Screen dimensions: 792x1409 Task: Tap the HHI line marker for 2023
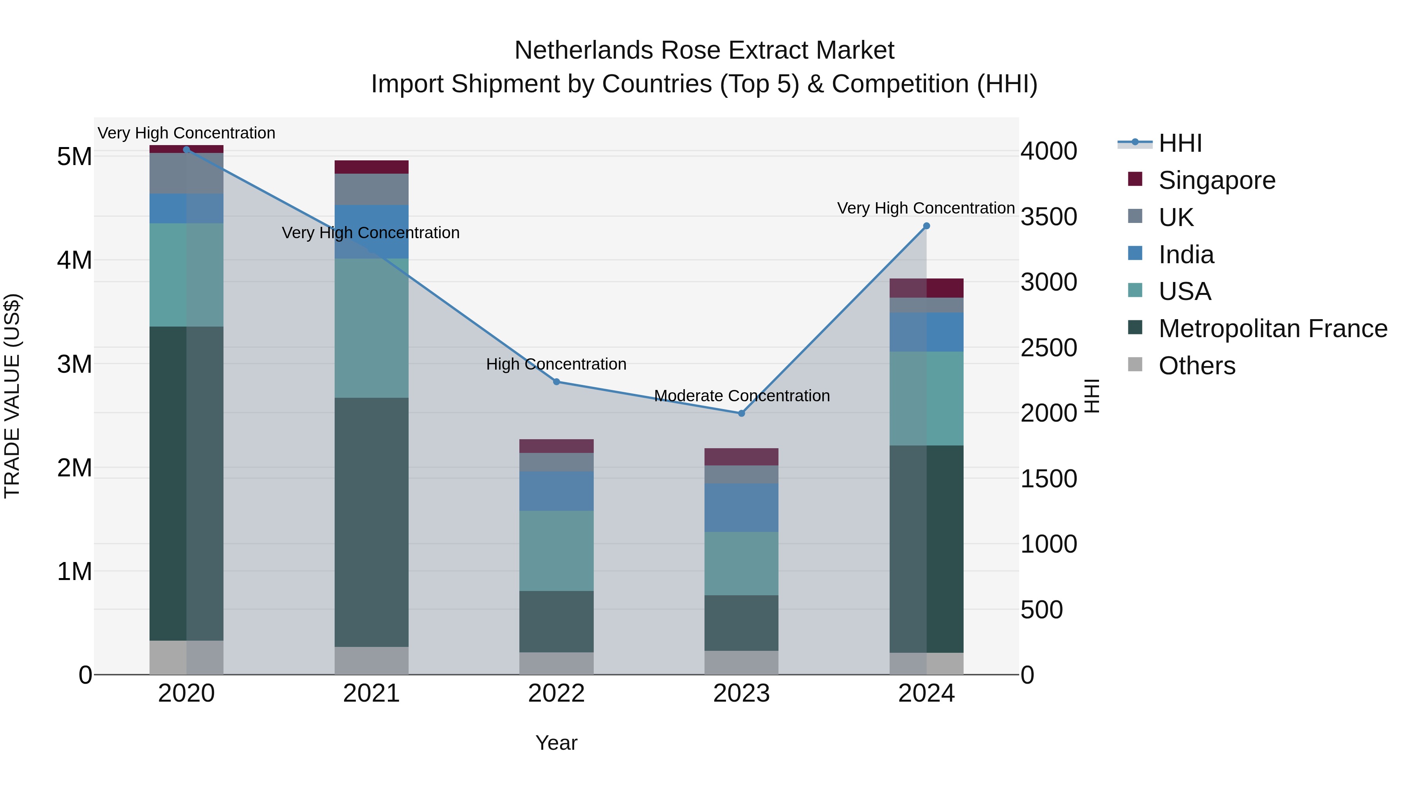tap(741, 413)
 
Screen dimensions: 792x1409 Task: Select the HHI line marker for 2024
tap(926, 226)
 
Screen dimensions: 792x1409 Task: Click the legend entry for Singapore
tap(1216, 180)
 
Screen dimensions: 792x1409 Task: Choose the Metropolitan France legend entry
tap(1272, 329)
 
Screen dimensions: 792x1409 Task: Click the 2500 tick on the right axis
tap(1049, 348)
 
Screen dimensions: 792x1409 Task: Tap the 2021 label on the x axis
tap(371, 693)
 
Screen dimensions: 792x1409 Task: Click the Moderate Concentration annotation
tap(742, 396)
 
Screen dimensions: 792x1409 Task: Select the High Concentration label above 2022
tap(556, 364)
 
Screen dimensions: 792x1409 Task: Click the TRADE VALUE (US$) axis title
tap(12, 396)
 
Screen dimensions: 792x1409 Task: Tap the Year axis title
tap(556, 743)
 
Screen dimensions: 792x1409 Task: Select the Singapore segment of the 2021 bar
tap(371, 167)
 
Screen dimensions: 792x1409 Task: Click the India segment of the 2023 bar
tap(741, 507)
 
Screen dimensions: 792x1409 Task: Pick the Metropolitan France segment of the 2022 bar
tap(556, 621)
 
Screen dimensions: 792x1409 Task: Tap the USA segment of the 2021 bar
tap(371, 328)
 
